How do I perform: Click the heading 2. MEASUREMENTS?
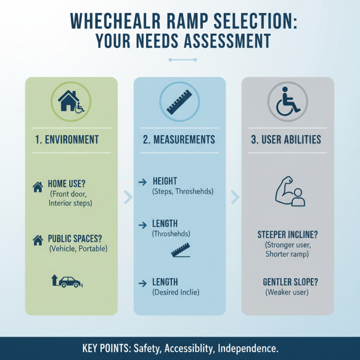(179, 139)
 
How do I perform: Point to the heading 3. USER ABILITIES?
(286, 139)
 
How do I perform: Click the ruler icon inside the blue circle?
(180, 103)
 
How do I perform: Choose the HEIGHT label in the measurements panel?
(165, 182)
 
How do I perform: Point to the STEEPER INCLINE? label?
(288, 234)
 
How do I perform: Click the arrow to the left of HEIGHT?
(143, 182)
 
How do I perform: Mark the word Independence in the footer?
(247, 349)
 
